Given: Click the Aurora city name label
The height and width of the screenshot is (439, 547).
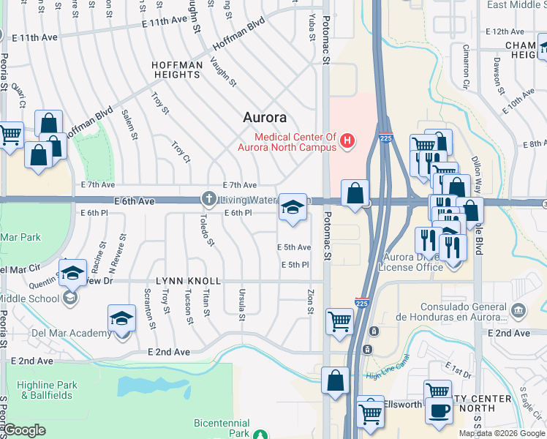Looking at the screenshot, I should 264,117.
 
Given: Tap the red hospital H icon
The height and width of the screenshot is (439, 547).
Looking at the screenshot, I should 348,140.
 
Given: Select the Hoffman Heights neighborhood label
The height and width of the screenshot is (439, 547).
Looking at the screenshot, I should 177,71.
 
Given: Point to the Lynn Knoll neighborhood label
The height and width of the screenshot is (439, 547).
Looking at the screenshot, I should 188,281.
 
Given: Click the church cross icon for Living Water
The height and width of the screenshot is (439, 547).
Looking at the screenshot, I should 209,199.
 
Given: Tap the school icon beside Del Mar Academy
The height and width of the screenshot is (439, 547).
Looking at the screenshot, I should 121,319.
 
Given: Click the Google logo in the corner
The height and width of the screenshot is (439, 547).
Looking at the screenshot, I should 24,430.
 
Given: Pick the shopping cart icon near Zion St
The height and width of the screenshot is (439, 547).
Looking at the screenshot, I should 340,320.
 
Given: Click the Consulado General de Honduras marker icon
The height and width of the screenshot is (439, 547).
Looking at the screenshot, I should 518,311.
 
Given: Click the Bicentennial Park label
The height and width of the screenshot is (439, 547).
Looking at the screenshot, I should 222,428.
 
